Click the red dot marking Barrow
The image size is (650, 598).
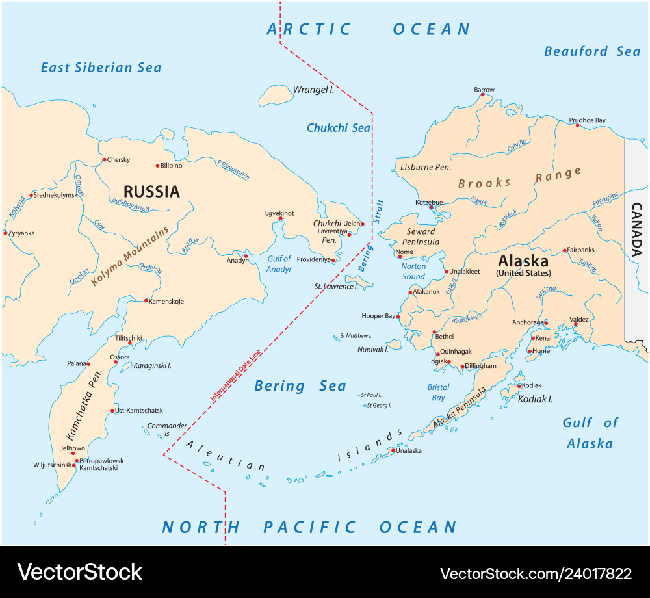click(482, 95)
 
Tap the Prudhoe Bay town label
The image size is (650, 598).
click(587, 120)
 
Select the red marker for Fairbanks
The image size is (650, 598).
click(564, 250)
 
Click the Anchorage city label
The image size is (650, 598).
click(527, 322)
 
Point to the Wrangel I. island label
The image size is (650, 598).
click(313, 90)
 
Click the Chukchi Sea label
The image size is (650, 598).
click(338, 128)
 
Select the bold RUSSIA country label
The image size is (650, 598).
click(151, 191)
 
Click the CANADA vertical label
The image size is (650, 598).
click(637, 229)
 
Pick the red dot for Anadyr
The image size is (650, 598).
click(246, 256)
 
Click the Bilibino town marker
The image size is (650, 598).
click(157, 166)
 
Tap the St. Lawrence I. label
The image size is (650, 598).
click(336, 286)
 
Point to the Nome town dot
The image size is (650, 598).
click(400, 257)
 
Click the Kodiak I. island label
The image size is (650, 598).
click(535, 399)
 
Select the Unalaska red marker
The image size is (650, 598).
click(393, 449)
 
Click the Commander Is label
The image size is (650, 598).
click(167, 430)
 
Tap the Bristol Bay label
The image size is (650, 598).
click(438, 393)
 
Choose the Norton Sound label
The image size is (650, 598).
click(413, 271)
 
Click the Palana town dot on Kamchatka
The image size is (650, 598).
click(89, 364)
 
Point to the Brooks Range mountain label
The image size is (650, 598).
click(519, 179)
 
